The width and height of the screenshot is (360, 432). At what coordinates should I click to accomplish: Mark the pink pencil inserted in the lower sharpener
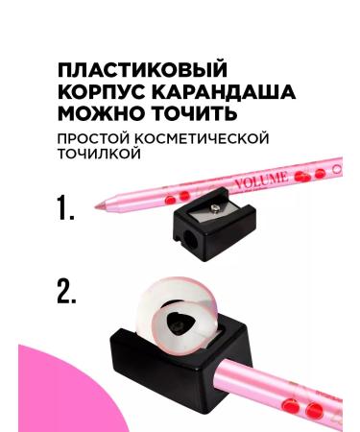(x=288, y=396)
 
